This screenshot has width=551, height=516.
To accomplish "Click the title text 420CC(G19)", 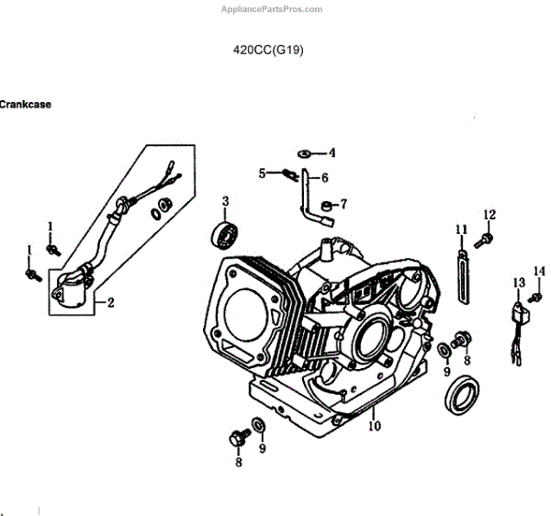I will (x=269, y=51).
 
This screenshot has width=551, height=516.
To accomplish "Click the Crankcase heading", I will (x=26, y=105).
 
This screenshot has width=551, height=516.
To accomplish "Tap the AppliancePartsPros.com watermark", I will (x=272, y=9).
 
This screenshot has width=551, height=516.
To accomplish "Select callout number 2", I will (x=111, y=302).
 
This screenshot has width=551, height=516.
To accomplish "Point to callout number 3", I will (x=225, y=200).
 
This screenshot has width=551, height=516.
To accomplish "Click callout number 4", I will (x=332, y=152).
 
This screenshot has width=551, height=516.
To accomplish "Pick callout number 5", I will (x=262, y=172).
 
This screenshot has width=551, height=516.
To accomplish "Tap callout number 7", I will (x=343, y=204).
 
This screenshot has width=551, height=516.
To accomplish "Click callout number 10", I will (x=374, y=425).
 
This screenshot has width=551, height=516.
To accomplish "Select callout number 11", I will (x=462, y=228).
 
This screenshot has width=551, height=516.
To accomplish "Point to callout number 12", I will (x=489, y=215).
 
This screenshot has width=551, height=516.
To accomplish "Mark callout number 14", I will (x=539, y=271).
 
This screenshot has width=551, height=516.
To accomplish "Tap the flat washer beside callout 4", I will (x=305, y=152).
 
